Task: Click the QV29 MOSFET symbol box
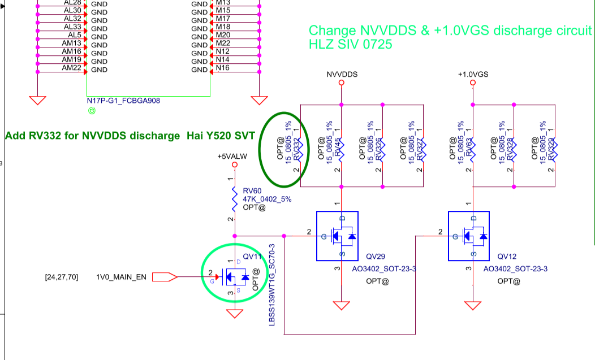[x=337, y=236]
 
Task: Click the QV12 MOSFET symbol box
[x=469, y=236]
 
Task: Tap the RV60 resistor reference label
[x=251, y=190]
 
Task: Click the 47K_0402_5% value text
[x=267, y=199]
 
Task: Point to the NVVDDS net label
[x=342, y=74]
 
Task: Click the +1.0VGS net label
[x=473, y=74]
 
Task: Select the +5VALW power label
[x=234, y=156]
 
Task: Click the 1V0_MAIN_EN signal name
[x=121, y=277]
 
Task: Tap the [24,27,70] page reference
[x=61, y=277]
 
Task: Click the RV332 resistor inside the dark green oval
[x=296, y=148]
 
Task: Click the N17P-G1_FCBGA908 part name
[x=123, y=101]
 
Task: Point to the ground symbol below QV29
[x=341, y=306]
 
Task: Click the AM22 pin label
[x=72, y=68]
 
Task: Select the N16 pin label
[x=223, y=68]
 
